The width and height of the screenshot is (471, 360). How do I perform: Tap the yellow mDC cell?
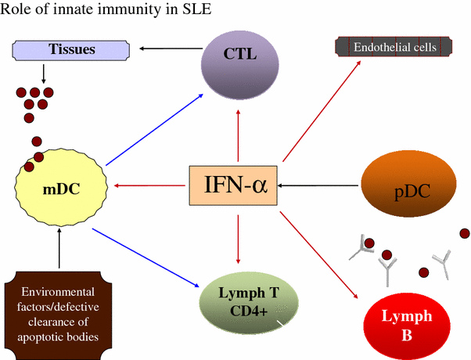click(59, 188)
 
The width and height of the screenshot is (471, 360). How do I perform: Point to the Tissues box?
click(72, 50)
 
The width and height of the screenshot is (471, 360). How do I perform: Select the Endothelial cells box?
click(394, 47)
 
